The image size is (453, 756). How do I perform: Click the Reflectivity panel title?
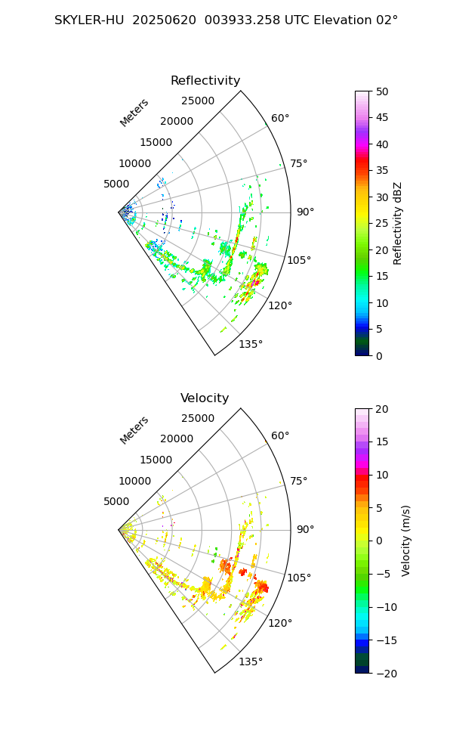coord(205,81)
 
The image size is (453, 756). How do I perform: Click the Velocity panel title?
coord(205,398)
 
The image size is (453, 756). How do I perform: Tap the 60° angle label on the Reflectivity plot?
coord(280,118)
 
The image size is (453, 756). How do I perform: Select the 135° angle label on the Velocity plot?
coord(251,661)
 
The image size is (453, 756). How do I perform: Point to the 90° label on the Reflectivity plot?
coord(305,212)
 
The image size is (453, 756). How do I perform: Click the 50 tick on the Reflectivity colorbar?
coord(383,91)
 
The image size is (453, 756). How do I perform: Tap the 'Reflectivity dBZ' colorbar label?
coord(398,223)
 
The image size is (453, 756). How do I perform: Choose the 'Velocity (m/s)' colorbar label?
coord(406,541)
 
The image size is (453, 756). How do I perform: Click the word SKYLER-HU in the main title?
coord(89,20)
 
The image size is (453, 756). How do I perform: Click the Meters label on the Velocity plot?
coord(134,430)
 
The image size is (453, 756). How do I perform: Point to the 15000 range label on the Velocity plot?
coord(156,460)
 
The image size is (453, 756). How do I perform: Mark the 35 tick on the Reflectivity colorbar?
coord(383,171)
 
